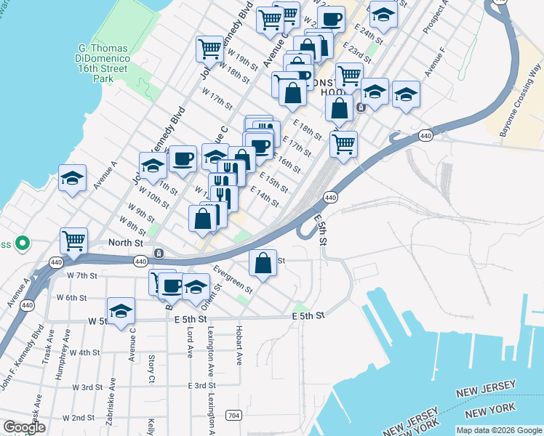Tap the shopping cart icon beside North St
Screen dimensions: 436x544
point(73,240)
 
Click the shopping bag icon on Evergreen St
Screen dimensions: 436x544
point(263,262)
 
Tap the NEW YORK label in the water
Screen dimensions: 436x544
point(484,413)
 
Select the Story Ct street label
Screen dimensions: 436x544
point(151,369)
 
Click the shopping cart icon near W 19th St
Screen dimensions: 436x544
point(209,49)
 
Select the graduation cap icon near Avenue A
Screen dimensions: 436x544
point(73,178)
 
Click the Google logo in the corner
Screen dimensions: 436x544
point(24,427)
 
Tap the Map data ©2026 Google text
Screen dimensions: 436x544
point(497,429)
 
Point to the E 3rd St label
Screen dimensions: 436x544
point(202,385)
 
